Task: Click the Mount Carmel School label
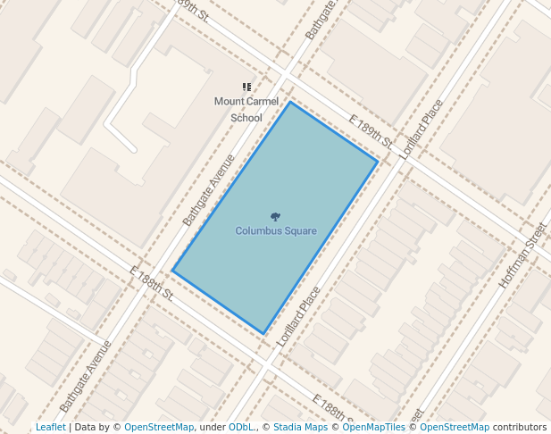(246, 109)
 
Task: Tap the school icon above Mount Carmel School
(246, 88)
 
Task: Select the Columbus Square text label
(276, 231)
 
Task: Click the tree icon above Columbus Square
(275, 216)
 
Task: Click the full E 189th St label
(371, 131)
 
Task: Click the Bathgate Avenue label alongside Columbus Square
(208, 189)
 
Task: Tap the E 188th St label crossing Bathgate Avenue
(150, 282)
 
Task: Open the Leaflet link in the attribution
(50, 427)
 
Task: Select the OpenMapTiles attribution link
(373, 427)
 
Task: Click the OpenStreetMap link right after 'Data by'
(159, 427)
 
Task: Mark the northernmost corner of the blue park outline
(289, 102)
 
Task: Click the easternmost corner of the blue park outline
(378, 162)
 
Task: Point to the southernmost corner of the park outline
(263, 334)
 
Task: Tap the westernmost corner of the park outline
(172, 271)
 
